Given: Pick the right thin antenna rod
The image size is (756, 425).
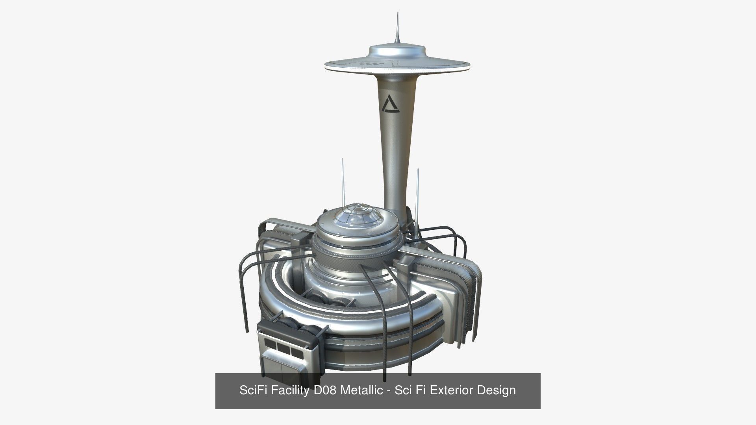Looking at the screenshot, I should pyautogui.click(x=418, y=189).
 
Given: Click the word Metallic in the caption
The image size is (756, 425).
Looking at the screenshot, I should pyautogui.click(x=361, y=390).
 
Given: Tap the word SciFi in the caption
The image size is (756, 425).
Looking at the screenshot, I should pyautogui.click(x=252, y=390).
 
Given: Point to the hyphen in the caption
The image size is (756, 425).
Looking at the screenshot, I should pyautogui.click(x=389, y=391).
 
